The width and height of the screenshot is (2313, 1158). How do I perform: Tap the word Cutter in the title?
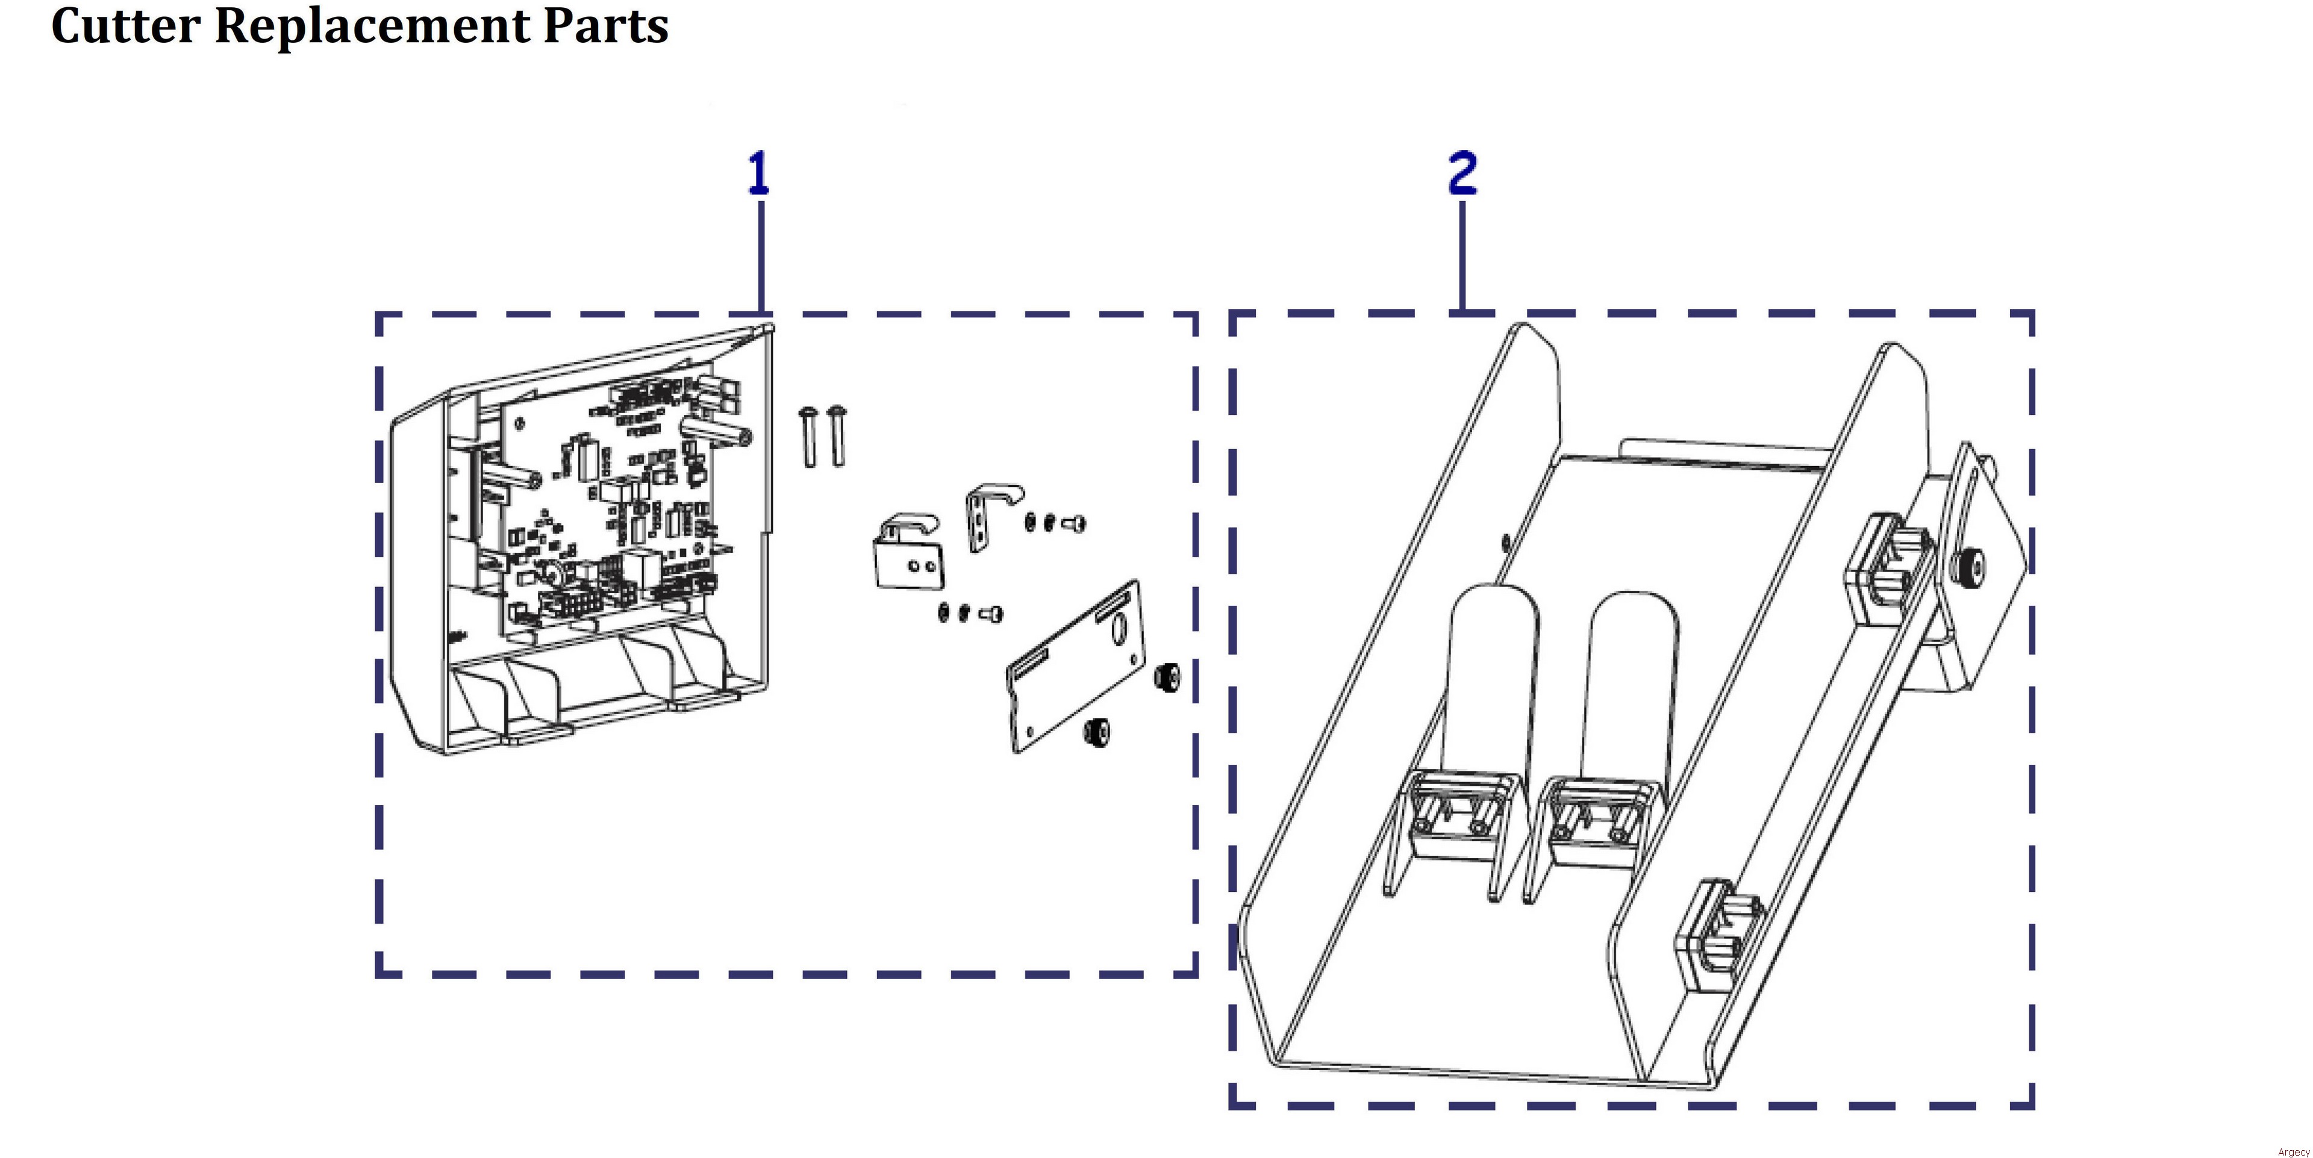tap(125, 25)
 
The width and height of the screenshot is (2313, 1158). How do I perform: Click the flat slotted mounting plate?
tap(1073, 669)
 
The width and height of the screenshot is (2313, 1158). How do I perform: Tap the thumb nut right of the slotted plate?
tap(1168, 676)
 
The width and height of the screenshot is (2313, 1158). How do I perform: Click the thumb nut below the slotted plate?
tap(1096, 732)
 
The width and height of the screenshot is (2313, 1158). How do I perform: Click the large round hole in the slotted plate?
tap(1119, 628)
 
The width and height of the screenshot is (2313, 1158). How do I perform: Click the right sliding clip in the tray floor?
tap(1594, 817)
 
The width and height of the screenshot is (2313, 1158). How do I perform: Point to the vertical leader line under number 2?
tap(1462, 256)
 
